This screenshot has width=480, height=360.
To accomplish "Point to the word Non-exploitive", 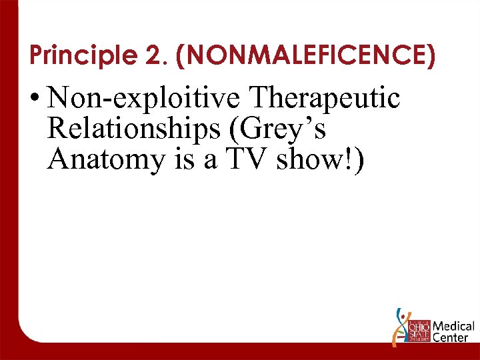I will pyautogui.click(x=145, y=99).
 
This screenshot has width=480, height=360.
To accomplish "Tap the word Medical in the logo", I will pyautogui.click(x=453, y=327).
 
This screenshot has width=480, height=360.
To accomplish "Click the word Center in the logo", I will pyautogui.click(x=450, y=339).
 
